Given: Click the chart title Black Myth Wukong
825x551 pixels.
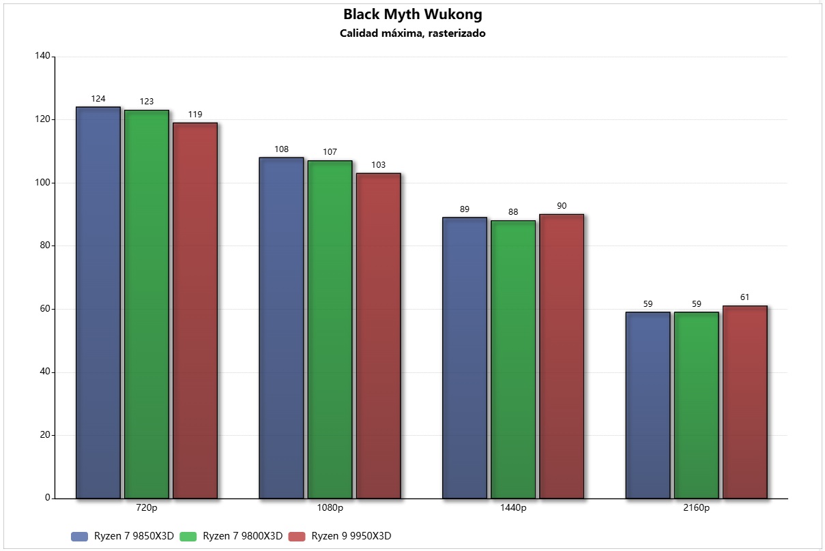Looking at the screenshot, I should [412, 14].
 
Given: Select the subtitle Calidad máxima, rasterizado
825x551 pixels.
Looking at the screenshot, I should [412, 33].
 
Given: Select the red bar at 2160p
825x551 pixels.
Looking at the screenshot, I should [744, 402].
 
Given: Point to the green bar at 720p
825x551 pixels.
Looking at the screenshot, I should [147, 304].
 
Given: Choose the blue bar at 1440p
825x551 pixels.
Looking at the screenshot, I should [465, 357].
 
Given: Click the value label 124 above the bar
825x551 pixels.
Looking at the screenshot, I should [98, 99].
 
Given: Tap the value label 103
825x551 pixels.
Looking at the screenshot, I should [378, 165].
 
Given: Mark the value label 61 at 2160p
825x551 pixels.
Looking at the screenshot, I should [744, 297].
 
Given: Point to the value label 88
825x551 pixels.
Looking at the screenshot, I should [513, 212].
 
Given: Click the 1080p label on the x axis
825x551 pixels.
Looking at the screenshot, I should [330, 508].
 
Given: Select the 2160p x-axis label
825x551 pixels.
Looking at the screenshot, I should [696, 508].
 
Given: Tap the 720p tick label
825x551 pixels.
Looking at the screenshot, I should [147, 508].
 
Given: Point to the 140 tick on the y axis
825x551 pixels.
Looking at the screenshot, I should [42, 57].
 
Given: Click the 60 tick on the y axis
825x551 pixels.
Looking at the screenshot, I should [44, 309].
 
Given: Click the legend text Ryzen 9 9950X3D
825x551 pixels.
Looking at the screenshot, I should [351, 537].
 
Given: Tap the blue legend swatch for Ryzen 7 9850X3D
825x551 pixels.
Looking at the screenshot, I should [80, 537].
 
